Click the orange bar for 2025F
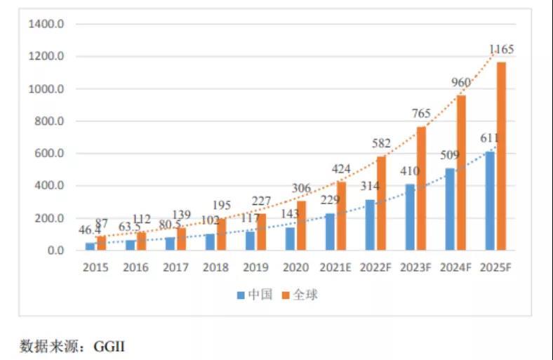coord(501,156)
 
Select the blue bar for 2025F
coord(490,201)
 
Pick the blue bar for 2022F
coord(370,225)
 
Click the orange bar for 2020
coord(301,225)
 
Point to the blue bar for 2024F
coord(450,209)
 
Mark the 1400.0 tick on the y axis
coord(46,25)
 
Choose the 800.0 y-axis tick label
coord(49,121)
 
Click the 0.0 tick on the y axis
coord(55,251)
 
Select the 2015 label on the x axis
coord(95,267)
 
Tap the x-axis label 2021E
coord(335,267)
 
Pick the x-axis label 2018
coord(215,267)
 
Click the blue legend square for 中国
coord(241,295)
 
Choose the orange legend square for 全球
coord(286,295)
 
